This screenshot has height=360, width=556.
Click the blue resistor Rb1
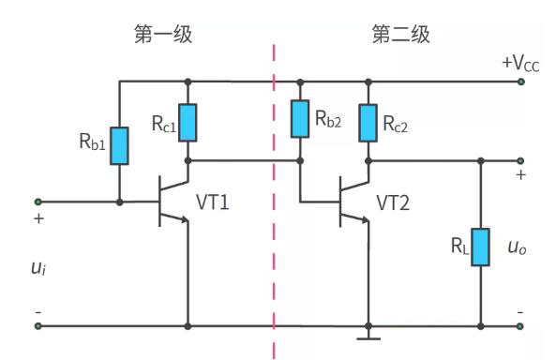tap(119, 145)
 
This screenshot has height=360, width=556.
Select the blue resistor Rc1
tap(189, 120)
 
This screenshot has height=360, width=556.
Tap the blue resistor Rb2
tap(300, 116)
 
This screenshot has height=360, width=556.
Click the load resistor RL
tap(480, 247)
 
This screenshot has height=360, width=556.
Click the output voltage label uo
tap(517, 248)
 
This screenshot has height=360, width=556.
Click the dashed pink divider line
tap(273, 187)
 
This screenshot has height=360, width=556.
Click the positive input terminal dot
tap(38, 201)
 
